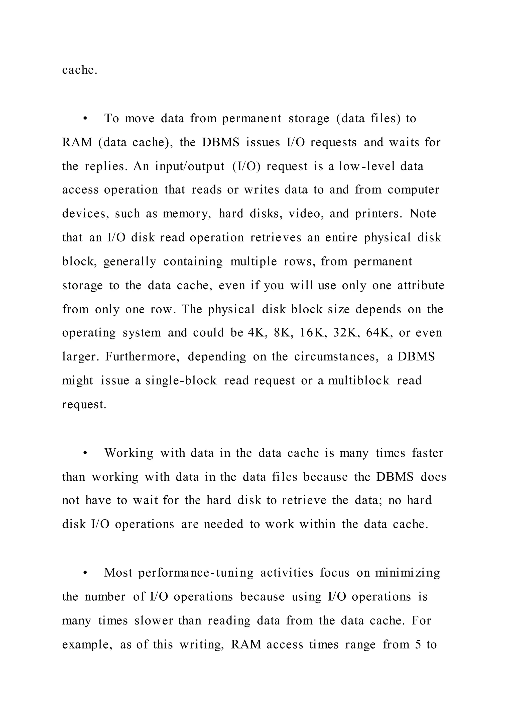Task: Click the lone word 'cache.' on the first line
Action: tap(80, 70)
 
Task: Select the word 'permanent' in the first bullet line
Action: tap(251, 119)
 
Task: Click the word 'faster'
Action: tap(428, 453)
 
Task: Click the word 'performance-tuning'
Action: tap(196, 573)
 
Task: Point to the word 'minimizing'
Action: tap(408, 573)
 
